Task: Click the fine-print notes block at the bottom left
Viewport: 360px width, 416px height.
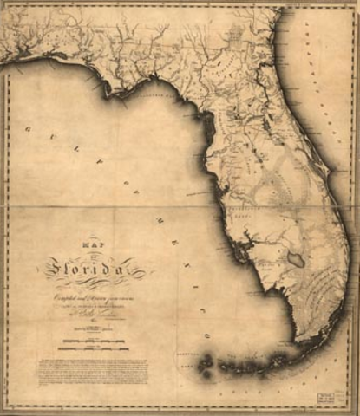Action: (x=92, y=370)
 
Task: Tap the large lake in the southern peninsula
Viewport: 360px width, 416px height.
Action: (x=297, y=260)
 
